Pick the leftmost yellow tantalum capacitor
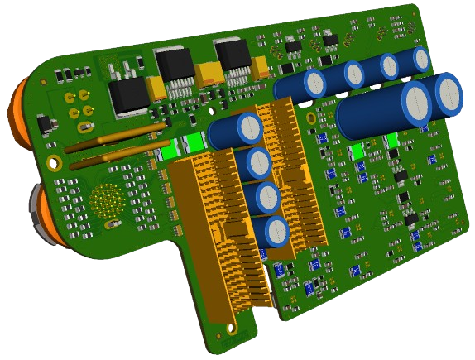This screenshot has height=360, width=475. click(x=157, y=88)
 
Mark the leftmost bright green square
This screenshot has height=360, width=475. click(x=170, y=151)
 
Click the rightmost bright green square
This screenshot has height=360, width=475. click(x=393, y=142)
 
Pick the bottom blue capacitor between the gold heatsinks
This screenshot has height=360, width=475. click(x=276, y=231)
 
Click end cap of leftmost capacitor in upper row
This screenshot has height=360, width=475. click(x=314, y=82)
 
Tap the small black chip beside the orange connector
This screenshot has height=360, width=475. click(x=45, y=125)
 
